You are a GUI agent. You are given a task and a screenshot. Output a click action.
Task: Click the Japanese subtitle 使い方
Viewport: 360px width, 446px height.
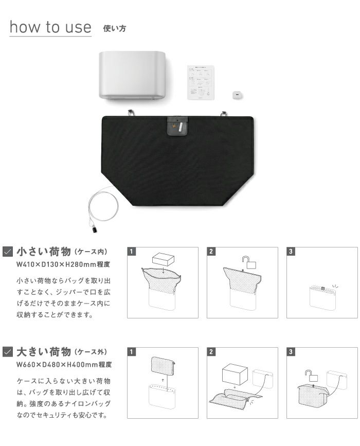(x=114, y=28)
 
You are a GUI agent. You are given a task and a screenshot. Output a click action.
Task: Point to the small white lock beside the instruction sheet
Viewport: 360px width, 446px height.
(x=237, y=94)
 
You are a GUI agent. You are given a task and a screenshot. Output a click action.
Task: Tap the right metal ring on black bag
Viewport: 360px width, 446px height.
(x=224, y=113)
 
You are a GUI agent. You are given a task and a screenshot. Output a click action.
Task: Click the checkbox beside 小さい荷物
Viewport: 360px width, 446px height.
(x=8, y=252)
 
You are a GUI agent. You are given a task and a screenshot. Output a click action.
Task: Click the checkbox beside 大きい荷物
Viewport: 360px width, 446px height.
(x=8, y=352)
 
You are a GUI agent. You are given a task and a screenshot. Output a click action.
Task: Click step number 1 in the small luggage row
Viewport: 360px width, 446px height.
(x=132, y=252)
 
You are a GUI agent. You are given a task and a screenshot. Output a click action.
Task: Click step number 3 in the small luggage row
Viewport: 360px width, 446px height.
(x=292, y=252)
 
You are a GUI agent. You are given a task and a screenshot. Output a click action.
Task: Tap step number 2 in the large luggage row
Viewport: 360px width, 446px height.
(x=212, y=352)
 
